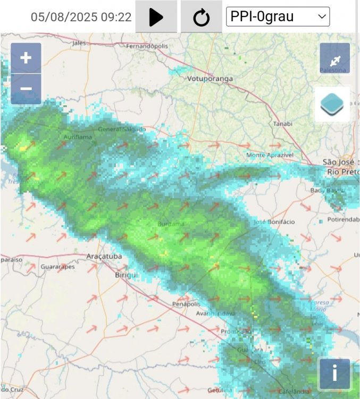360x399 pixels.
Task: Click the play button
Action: click(x=156, y=17)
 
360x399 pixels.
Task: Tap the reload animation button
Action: click(x=201, y=17)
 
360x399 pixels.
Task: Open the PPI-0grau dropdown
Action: click(x=278, y=16)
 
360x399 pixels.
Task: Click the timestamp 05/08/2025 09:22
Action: click(x=81, y=17)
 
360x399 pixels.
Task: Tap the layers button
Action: click(x=332, y=104)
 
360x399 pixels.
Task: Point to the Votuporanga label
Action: click(x=210, y=79)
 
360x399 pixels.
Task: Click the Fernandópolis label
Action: click(x=147, y=46)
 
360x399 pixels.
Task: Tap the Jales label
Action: click(x=79, y=43)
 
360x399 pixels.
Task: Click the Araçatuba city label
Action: click(x=104, y=256)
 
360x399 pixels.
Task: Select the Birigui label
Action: click(x=127, y=275)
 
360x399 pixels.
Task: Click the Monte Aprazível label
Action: click(x=270, y=155)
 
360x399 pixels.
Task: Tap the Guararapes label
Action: click(x=57, y=267)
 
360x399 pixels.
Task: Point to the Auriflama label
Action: click(x=78, y=137)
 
